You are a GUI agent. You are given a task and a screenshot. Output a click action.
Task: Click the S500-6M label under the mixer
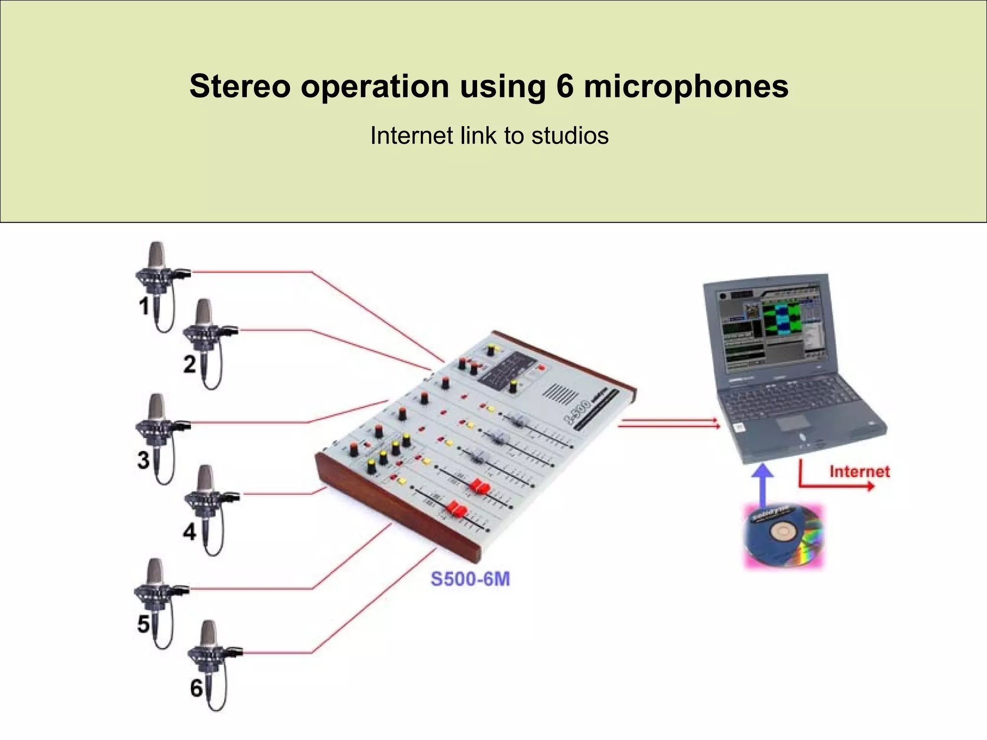(470, 579)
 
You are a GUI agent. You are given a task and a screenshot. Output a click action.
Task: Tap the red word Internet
(859, 471)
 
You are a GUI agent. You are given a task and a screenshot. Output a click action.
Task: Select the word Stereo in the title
(240, 87)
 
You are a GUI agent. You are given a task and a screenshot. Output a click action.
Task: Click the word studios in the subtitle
(570, 136)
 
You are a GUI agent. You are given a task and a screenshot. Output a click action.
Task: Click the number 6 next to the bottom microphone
(196, 688)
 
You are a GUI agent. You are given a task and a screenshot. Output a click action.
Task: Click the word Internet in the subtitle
(412, 136)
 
